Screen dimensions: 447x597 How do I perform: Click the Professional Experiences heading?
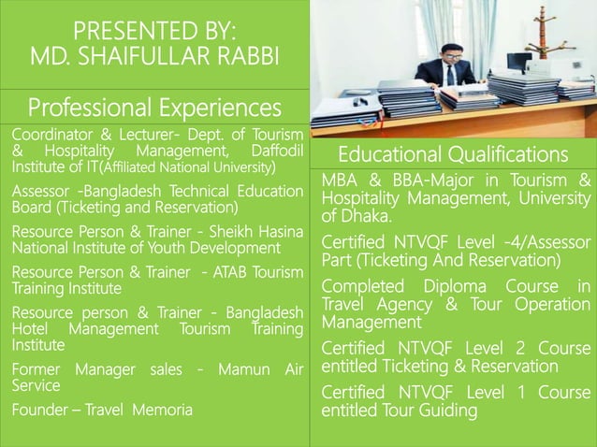pyautogui.click(x=154, y=105)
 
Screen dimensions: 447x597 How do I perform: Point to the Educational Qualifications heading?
pyautogui.click(x=453, y=153)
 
